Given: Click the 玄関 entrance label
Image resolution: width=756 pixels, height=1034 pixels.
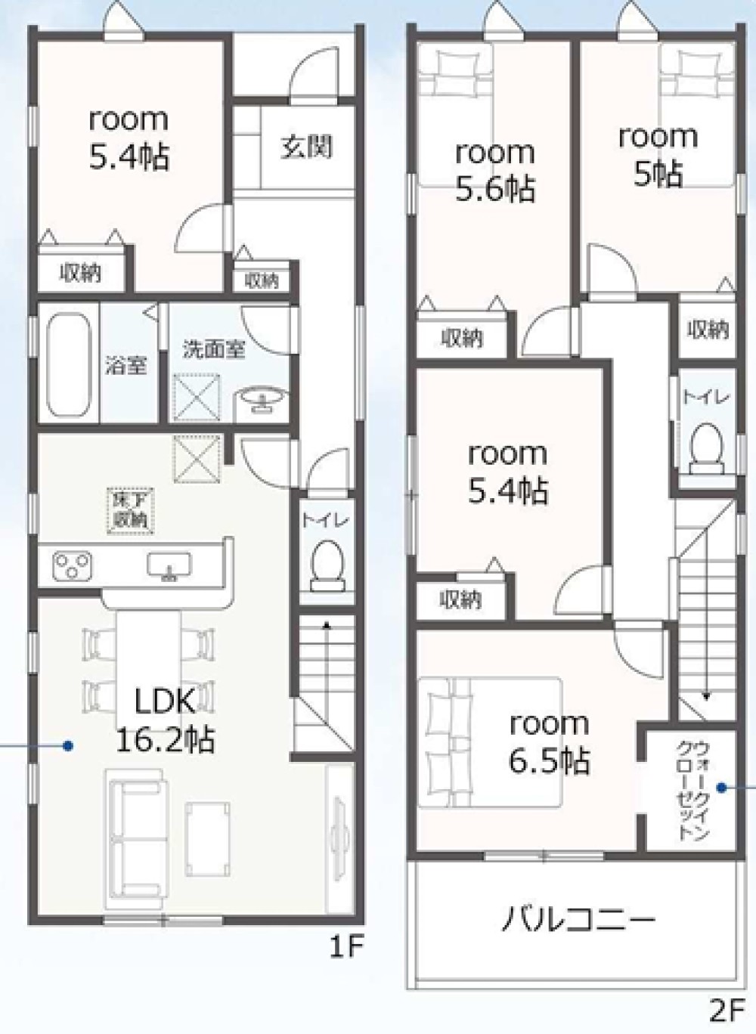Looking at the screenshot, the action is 307,147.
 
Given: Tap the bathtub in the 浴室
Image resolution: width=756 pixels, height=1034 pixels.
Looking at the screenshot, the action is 68,364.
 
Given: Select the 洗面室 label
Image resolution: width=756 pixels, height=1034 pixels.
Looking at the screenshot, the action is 214,349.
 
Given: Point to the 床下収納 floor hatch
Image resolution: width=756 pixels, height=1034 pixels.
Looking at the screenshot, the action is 131,511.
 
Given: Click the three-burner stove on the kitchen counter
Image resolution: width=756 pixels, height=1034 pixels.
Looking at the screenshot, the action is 72,565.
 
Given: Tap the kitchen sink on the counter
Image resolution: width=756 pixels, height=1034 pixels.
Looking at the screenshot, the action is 169,565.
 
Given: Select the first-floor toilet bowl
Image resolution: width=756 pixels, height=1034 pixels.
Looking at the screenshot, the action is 327,565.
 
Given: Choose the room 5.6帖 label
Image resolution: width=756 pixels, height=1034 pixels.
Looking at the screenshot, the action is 495,172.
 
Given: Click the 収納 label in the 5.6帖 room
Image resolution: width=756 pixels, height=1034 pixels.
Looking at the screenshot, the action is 462,339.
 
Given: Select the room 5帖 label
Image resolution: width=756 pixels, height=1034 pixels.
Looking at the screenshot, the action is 658,154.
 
